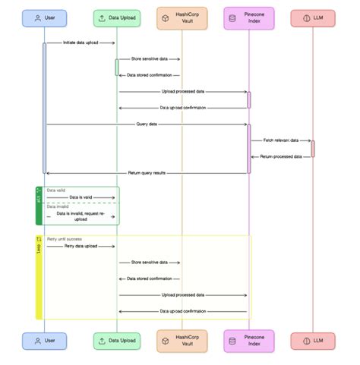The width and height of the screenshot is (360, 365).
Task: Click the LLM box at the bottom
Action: [312, 341]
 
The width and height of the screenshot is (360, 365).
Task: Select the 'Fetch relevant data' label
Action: [281, 140]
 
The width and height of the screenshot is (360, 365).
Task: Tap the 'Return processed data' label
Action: [281, 156]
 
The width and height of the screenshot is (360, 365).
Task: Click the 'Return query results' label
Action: [146, 173]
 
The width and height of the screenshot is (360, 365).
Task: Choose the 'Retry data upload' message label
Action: [80, 246]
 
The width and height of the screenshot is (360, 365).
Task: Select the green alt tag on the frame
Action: [39, 197]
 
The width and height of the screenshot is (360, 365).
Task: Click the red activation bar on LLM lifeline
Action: [312, 148]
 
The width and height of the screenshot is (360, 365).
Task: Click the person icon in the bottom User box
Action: [36, 341]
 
